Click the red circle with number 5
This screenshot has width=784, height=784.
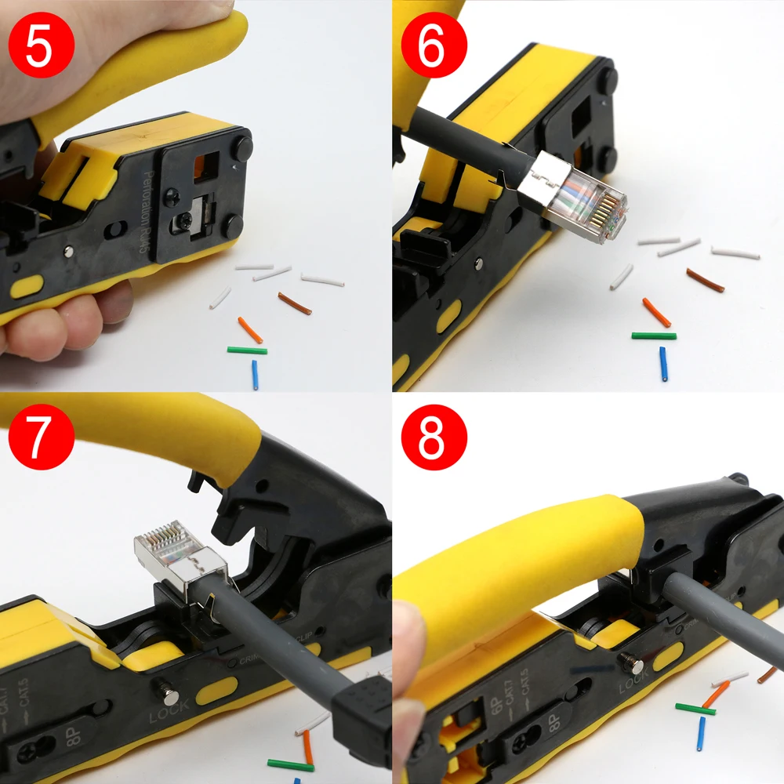(41, 44)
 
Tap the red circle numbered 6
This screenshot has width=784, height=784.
(434, 44)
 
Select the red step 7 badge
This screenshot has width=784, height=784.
(41, 436)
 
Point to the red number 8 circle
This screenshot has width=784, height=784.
(434, 437)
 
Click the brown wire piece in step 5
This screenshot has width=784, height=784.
(295, 303)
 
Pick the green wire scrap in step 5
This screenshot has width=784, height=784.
(247, 350)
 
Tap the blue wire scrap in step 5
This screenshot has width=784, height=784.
(255, 375)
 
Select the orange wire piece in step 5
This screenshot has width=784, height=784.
(250, 330)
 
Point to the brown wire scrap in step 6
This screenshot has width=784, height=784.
(705, 280)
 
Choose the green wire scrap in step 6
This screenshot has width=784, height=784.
(654, 336)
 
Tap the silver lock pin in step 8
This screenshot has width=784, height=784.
(632, 665)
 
